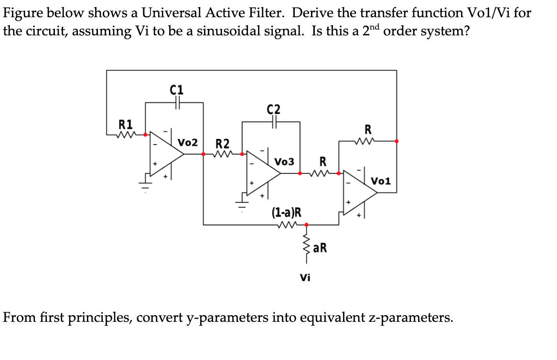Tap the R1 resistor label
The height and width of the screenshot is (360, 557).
[x=126, y=126]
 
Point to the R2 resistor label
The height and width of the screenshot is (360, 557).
[x=223, y=143]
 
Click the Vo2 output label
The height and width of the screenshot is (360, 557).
[x=188, y=142]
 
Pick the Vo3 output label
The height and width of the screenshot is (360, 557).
[x=284, y=161]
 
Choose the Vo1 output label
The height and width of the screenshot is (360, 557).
[x=381, y=181]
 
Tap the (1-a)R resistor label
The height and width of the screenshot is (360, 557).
[x=286, y=212]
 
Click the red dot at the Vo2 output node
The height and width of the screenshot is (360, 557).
[x=204, y=154]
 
